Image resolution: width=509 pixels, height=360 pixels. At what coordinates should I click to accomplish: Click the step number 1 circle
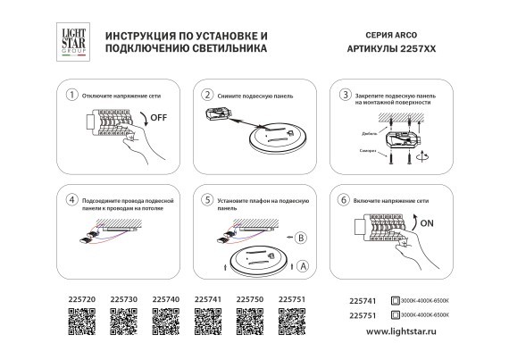(71, 94)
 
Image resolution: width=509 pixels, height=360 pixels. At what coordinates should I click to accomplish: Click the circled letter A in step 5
(303, 265)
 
